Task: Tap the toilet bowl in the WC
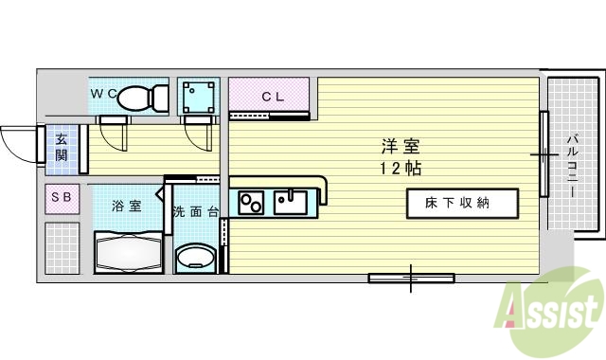145,96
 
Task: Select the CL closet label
273,96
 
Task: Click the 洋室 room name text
401,147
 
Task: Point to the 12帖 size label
401,169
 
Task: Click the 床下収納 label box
463,203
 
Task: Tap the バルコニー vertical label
573,167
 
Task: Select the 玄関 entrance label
61,148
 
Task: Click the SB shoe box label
61,197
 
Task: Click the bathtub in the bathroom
129,254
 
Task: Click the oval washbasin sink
196,257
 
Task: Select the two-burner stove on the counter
252,203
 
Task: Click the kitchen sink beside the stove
289,202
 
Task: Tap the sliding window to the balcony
544,153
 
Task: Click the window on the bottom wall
410,277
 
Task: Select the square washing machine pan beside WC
198,97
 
